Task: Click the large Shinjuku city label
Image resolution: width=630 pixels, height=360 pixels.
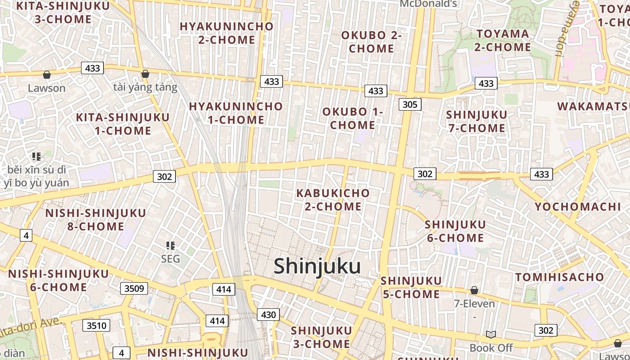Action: pyautogui.click(x=317, y=266)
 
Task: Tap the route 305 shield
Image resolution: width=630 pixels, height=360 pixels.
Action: pyautogui.click(x=409, y=105)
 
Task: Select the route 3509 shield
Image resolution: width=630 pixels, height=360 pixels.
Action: pyautogui.click(x=134, y=288)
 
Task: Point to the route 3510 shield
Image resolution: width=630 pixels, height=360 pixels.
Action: pyautogui.click(x=96, y=325)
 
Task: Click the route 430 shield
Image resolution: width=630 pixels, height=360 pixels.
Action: pyautogui.click(x=268, y=315)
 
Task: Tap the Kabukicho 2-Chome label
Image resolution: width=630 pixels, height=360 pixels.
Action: pyautogui.click(x=333, y=200)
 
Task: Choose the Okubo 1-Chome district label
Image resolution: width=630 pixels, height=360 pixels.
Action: pyautogui.click(x=353, y=118)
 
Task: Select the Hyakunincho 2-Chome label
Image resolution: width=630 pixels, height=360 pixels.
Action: pyautogui.click(x=227, y=33)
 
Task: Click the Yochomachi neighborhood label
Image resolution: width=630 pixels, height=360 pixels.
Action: pyautogui.click(x=577, y=207)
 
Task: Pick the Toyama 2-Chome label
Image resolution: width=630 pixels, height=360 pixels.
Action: pyautogui.click(x=503, y=40)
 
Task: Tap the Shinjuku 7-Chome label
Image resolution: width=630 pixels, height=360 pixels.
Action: pyautogui.click(x=477, y=121)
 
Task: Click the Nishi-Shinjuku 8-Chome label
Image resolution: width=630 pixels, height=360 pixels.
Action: pyautogui.click(x=95, y=220)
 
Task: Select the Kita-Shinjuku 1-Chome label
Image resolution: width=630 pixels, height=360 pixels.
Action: pyautogui.click(x=123, y=124)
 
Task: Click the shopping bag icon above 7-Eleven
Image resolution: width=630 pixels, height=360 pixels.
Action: pyautogui.click(x=474, y=290)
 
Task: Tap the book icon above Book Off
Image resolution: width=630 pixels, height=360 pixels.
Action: pyautogui.click(x=491, y=334)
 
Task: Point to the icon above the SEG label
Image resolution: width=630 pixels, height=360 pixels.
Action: pyautogui.click(x=170, y=246)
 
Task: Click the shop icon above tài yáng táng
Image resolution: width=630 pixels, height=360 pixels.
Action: pyautogui.click(x=145, y=74)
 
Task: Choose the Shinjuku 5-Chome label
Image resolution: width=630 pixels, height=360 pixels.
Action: pyautogui.click(x=411, y=288)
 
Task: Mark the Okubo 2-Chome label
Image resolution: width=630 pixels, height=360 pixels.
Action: pyautogui.click(x=371, y=42)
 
